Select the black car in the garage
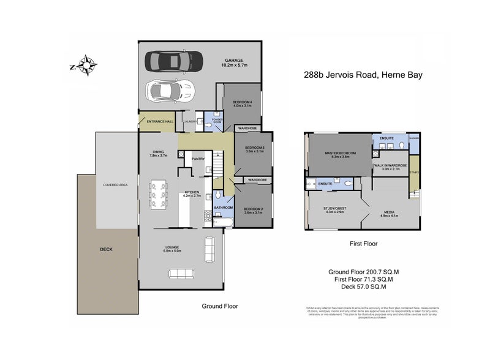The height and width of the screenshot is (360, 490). [x=172, y=61]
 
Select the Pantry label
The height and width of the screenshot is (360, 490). [x=198, y=159]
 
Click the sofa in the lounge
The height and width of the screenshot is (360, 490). [x=209, y=248]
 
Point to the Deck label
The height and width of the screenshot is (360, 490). [x=107, y=249]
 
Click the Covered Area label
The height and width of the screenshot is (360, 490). [x=115, y=184]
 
